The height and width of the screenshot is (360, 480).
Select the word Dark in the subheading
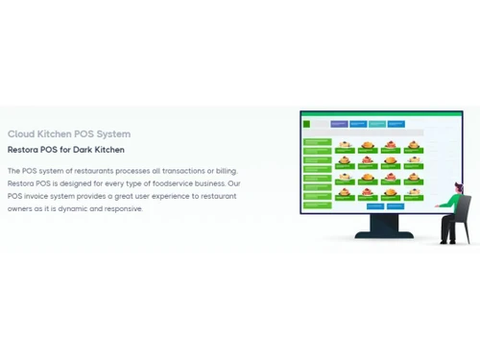coord(91,150)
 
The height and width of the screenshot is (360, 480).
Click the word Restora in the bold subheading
coord(24,150)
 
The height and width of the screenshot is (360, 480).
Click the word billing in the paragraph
coord(224,170)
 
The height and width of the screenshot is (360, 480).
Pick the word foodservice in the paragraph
coord(173,182)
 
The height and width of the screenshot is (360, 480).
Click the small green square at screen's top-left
coord(305,123)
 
